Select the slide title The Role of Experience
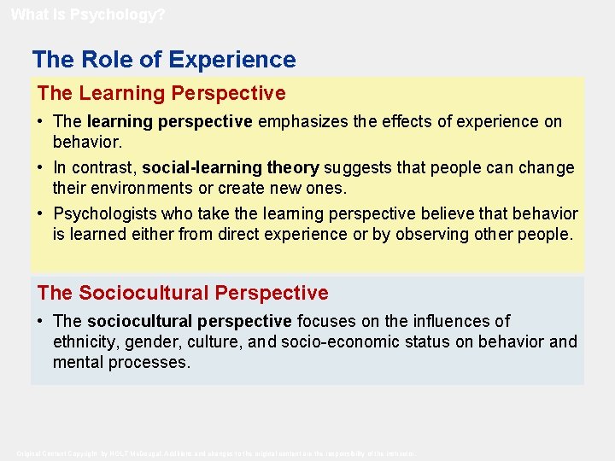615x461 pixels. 164,60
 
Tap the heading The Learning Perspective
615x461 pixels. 161,92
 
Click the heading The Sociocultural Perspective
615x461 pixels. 183,293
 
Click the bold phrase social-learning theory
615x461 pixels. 231,167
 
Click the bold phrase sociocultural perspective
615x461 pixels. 189,321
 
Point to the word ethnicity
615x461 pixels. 85,342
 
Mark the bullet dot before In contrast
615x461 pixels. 41,167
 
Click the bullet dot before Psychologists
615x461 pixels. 41,213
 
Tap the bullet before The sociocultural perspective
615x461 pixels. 41,321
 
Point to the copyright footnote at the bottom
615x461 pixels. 216,452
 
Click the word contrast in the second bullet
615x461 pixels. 102,167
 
